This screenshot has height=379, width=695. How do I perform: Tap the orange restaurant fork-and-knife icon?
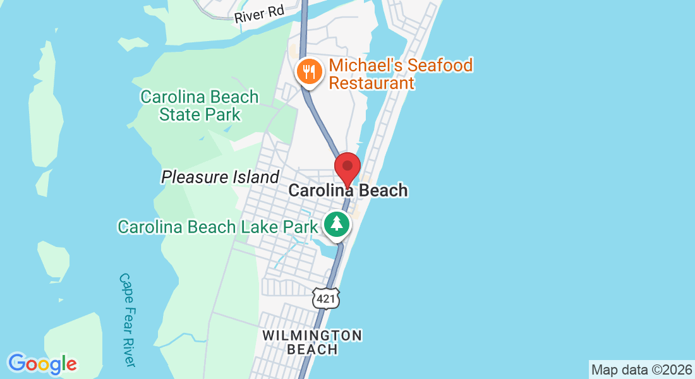click(309, 72)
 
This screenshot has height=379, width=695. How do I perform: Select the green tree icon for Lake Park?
click(337, 224)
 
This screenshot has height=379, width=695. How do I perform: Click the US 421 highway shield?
click(326, 298)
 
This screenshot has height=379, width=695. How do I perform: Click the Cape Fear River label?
click(127, 320)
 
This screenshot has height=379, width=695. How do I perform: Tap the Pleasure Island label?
click(220, 177)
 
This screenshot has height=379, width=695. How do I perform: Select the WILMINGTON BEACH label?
click(312, 342)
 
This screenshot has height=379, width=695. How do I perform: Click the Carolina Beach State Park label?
click(200, 105)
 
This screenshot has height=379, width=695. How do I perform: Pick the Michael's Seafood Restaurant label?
click(401, 74)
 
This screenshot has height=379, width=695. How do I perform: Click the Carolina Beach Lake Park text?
click(217, 227)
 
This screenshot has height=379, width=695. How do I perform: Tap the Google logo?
click(42, 364)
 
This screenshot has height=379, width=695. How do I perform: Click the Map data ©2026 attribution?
click(641, 370)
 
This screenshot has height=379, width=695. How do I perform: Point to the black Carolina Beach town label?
click(348, 190)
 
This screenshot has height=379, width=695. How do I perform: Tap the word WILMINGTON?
click(312, 335)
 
